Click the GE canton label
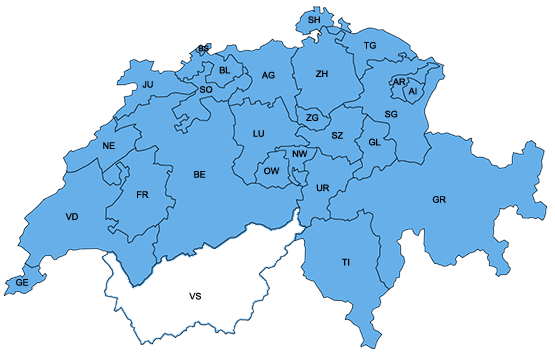coord(21,284)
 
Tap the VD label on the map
coord(72,217)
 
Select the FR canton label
coord(142,194)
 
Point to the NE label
coord(109,146)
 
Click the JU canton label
coord(148,85)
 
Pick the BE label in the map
coord(200,175)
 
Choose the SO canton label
coord(206,90)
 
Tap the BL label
coord(225,71)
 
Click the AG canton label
coord(268,76)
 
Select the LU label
coord(258,134)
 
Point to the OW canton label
coord(271,172)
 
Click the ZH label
coord(321,75)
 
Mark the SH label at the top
coord(314,20)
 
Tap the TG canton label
coord(370,46)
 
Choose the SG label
coord(391,115)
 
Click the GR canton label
coord(439,200)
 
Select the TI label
coord(346,262)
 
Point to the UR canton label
coord(322,188)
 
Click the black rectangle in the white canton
coord(195,296)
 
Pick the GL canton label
coord(375,142)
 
